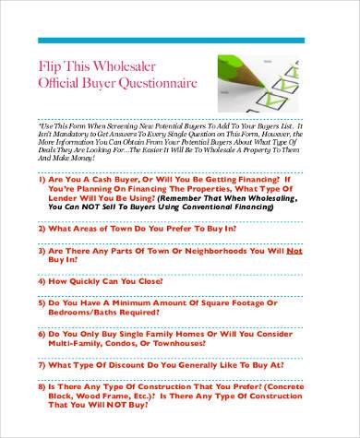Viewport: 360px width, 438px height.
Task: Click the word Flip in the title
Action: tap(54, 67)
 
